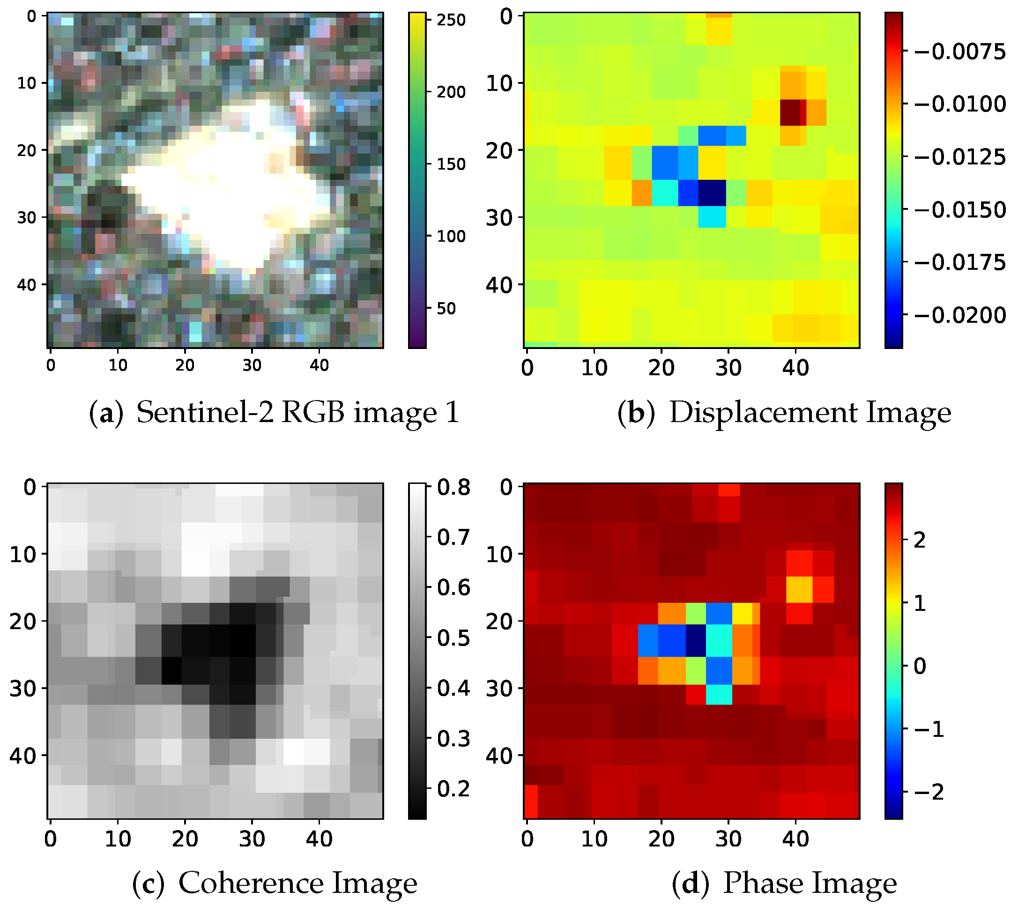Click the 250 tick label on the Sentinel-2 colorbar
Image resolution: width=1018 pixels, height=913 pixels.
click(451, 20)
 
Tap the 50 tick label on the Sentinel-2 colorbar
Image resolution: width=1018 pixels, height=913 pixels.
click(446, 309)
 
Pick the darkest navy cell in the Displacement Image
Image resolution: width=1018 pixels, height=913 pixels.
click(712, 193)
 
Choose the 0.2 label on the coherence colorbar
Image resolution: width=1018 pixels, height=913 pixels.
click(453, 789)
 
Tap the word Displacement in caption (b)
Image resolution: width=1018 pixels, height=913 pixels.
click(763, 413)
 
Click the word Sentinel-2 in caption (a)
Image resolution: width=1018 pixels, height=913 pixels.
click(205, 413)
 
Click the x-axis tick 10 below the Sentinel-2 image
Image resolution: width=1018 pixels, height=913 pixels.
click(118, 365)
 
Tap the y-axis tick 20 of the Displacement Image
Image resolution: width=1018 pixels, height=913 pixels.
click(499, 150)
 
